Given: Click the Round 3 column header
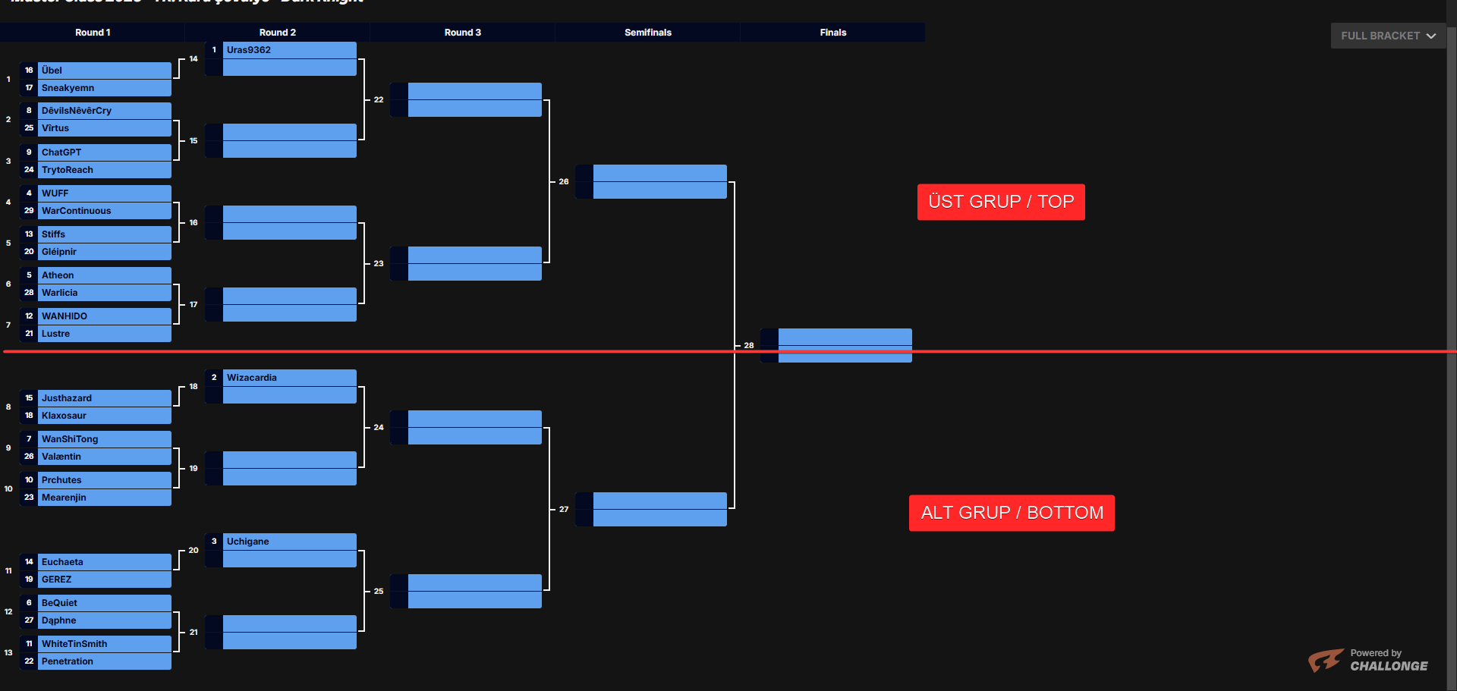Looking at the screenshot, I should pos(462,33).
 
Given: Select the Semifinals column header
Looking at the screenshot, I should pos(647,33).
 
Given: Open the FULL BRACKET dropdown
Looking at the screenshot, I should pos(1388,36).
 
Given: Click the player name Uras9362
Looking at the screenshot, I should pos(249,50).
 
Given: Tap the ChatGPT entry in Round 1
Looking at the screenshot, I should pos(61,152).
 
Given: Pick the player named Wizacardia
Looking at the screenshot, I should pos(252,378).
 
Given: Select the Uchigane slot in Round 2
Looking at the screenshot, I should pos(248,542).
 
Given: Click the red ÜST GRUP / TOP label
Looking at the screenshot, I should pos(1001,202).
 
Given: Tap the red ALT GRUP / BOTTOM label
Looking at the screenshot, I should pos(1012,513).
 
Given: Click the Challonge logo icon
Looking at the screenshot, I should pos(1326,660).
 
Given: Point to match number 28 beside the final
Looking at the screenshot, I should pos(749,346).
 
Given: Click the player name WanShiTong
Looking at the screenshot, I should pos(70,439).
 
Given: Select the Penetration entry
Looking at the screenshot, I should pos(68,661).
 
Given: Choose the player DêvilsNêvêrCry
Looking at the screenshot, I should pos(77,111).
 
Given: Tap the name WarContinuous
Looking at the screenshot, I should pos(76,211).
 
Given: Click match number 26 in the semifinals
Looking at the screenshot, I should pos(564,182).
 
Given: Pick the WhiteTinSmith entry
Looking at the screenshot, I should pos(74,644).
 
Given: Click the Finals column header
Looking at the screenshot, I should pos(832,33).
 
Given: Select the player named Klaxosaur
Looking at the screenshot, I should pos(64,416).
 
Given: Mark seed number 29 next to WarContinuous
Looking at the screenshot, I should pos(29,211).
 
